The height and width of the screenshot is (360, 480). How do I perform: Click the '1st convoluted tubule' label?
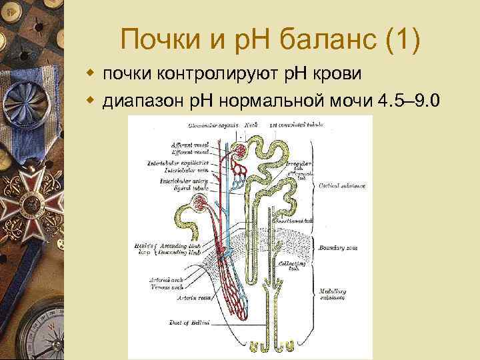click(x=294, y=124)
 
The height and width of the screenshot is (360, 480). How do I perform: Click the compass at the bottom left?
click(x=30, y=331)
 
